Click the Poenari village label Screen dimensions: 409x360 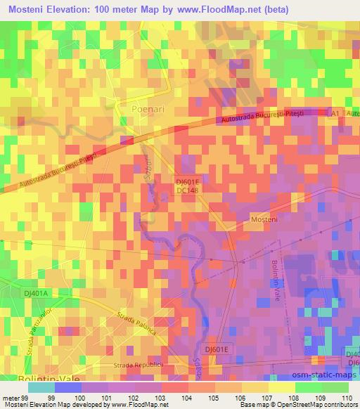146,110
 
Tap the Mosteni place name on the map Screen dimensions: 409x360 266,220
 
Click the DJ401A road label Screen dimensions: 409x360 34,294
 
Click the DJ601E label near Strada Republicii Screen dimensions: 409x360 219,349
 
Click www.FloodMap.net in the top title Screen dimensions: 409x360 226,8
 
